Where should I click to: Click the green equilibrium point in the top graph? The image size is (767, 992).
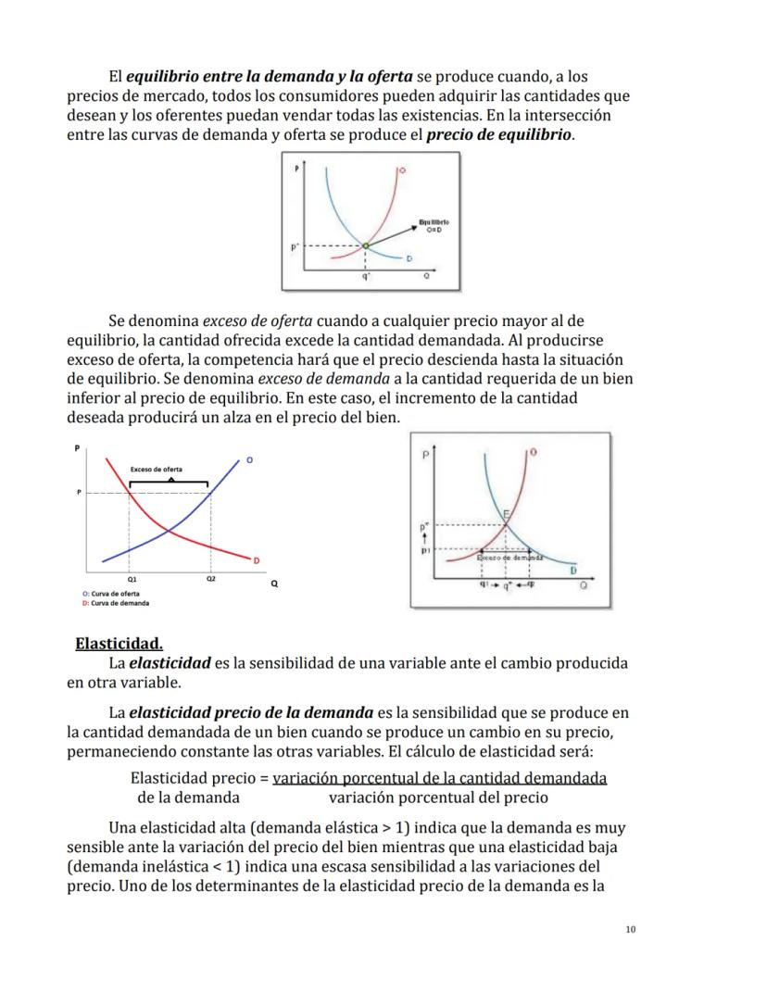point(365,245)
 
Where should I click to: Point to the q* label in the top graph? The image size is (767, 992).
point(366,276)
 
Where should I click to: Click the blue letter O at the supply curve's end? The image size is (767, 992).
point(248,460)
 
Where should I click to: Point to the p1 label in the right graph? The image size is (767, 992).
point(425,550)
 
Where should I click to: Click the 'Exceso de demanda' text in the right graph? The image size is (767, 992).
point(509,559)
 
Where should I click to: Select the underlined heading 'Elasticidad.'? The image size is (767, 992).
point(119,643)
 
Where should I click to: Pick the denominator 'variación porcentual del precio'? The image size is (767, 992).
point(438,797)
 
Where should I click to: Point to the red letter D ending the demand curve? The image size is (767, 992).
point(257,560)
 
